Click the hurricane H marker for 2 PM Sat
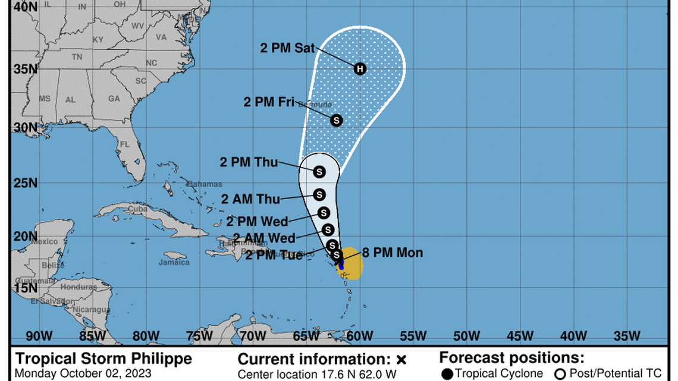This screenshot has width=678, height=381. [x=359, y=69]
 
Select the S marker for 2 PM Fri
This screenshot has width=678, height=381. [x=337, y=120]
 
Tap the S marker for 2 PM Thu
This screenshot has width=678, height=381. [x=319, y=172]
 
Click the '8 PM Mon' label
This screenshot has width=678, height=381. [x=393, y=253]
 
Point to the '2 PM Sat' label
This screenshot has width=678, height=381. [x=288, y=49]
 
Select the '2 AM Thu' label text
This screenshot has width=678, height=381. [x=250, y=199]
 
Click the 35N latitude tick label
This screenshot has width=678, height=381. [x=26, y=68]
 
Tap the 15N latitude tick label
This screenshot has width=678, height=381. [x=26, y=288]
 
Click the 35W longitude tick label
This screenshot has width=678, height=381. [x=626, y=336]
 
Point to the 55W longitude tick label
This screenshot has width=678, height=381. [x=413, y=336]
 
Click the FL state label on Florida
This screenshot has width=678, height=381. [x=124, y=144]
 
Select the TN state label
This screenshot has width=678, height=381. [x=77, y=57]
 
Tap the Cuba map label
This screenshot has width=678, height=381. [x=138, y=209]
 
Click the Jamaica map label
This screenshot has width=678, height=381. [x=174, y=262]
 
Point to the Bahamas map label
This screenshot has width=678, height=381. [x=205, y=184]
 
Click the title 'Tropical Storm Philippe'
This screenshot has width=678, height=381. [x=103, y=359]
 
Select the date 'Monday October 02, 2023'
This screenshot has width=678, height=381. [x=83, y=374]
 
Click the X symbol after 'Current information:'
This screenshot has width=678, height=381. [x=401, y=360]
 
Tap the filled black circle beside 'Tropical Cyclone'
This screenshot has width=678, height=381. [x=447, y=374]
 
